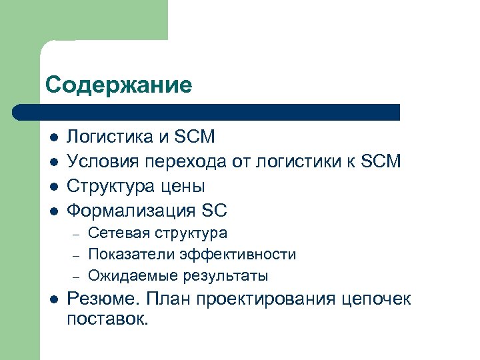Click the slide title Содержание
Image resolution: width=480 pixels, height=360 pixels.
pos(119,85)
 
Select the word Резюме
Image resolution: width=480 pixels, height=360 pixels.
pos(101,299)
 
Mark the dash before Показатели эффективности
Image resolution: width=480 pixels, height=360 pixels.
pos(76,255)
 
